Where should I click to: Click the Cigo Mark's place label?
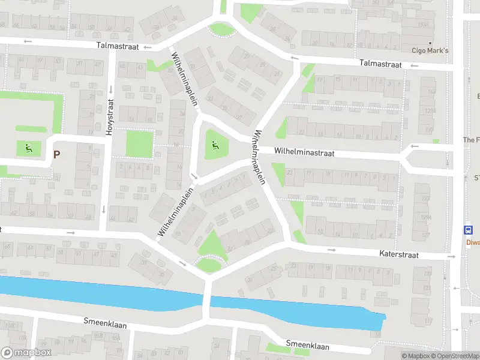[430, 50]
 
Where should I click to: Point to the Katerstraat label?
[398, 255]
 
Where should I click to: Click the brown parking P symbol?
[57, 154]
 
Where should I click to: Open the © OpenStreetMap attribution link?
[455, 356]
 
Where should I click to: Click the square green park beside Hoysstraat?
[139, 144]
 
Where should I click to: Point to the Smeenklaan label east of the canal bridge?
[308, 346]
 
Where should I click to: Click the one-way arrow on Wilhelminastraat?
[414, 146]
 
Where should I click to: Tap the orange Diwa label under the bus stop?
[473, 243]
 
